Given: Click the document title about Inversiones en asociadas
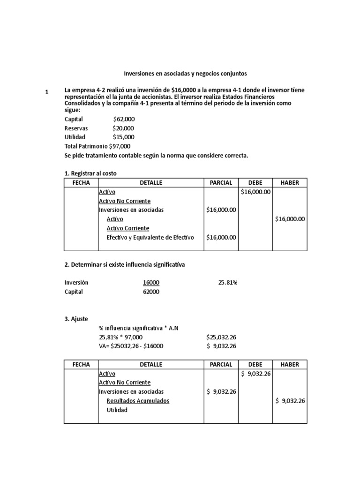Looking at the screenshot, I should (185, 74).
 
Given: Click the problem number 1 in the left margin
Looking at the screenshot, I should (47, 93).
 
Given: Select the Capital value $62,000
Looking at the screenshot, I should (124, 120).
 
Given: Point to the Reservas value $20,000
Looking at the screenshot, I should (123, 128).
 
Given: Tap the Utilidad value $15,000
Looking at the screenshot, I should (123, 137).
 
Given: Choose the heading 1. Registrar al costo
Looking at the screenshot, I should (90, 173).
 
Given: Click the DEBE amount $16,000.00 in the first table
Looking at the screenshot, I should (255, 192).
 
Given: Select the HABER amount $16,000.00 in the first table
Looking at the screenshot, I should (290, 219).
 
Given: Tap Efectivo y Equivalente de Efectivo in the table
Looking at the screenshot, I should (150, 237).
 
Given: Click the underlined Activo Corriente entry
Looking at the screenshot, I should (128, 228).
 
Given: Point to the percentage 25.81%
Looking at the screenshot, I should (228, 283).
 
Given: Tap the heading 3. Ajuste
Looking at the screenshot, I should (76, 319).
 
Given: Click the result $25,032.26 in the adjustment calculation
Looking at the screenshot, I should (221, 337).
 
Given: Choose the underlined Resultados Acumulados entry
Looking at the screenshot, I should (138, 401).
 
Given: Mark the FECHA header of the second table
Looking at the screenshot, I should (81, 364).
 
